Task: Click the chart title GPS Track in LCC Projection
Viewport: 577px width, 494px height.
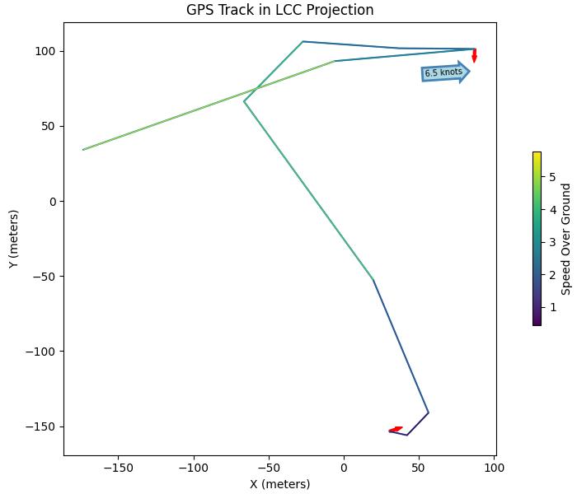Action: pos(279,10)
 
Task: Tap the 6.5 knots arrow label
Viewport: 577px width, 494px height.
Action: pos(444,72)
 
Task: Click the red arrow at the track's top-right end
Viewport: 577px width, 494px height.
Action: pos(474,55)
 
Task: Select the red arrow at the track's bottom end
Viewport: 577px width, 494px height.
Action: pos(396,429)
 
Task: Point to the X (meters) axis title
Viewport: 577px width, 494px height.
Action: pos(279,484)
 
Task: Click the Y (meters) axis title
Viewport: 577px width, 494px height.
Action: pos(13,239)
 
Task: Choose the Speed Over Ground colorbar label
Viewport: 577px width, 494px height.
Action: pos(565,239)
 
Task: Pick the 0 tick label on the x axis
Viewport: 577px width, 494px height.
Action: pos(344,467)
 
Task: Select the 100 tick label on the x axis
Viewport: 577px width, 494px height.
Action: pos(494,467)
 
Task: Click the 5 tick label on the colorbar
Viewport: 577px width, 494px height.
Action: pos(551,177)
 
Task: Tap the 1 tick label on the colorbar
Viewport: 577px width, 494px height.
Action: pos(551,307)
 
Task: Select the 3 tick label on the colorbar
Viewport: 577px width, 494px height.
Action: pos(551,242)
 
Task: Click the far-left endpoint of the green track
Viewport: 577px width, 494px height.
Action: pos(83,149)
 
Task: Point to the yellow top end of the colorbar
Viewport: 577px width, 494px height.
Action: pos(537,154)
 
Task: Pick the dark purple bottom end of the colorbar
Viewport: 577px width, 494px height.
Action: pos(537,324)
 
